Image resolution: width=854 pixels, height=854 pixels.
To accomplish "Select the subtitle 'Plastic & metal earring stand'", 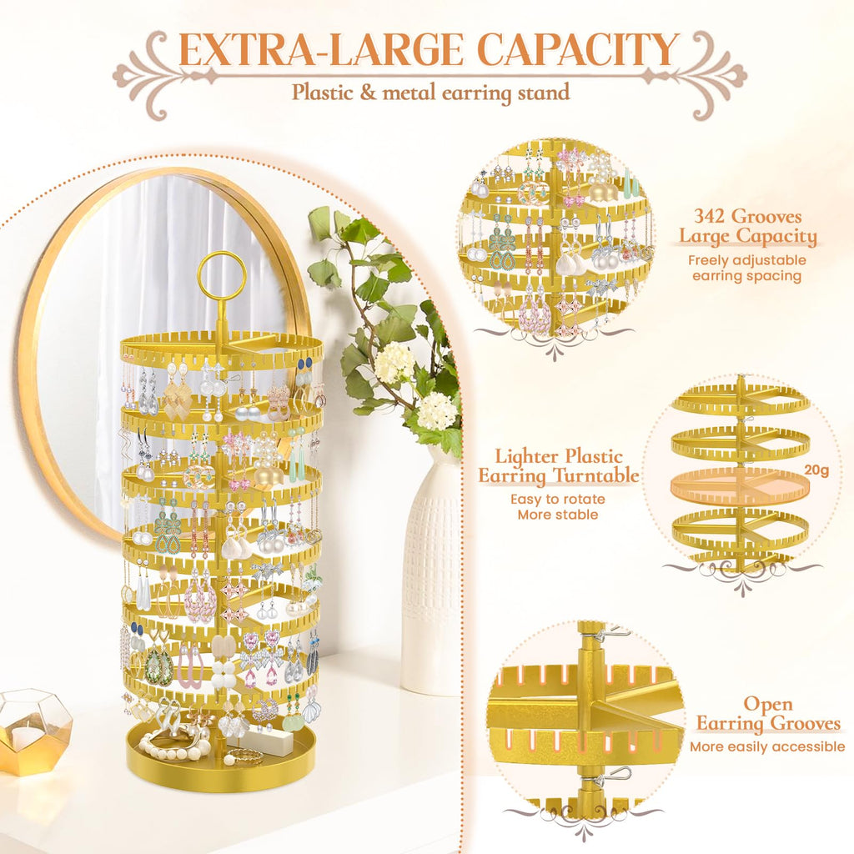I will pyautogui.click(x=430, y=92).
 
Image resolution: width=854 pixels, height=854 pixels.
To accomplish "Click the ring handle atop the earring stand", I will pyautogui.click(x=222, y=275).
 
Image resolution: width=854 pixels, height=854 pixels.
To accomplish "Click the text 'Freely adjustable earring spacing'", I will pyautogui.click(x=746, y=268).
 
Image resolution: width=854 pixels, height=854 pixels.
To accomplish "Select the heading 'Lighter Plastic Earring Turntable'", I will pyautogui.click(x=558, y=466).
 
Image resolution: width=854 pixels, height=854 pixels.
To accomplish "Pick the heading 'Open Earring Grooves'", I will pyautogui.click(x=768, y=714).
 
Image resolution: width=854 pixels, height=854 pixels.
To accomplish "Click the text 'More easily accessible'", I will pyautogui.click(x=767, y=746).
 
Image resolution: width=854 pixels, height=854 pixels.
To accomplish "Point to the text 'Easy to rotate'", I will pyautogui.click(x=558, y=500).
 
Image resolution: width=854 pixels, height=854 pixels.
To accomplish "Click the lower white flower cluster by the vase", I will pyautogui.click(x=437, y=410).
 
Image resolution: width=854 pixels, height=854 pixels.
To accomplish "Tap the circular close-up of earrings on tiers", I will pyautogui.click(x=555, y=241).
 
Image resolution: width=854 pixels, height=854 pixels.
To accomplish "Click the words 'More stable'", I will pyautogui.click(x=558, y=515).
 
